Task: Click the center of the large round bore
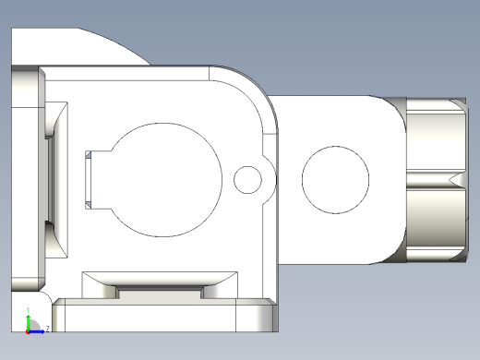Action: click(x=167, y=179)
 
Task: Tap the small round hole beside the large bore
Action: click(x=247, y=179)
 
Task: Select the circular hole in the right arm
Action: click(x=337, y=178)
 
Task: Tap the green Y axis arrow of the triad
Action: click(x=28, y=318)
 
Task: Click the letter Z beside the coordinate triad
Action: click(x=46, y=328)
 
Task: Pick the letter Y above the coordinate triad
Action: click(x=28, y=308)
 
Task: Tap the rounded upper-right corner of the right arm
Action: click(x=392, y=106)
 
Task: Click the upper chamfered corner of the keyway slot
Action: click(x=88, y=155)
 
